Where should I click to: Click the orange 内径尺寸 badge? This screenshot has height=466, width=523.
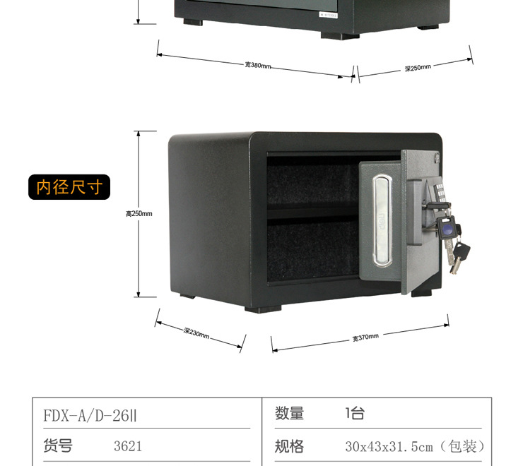pos(69,187)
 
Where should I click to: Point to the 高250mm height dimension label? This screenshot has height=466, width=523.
pos(139,213)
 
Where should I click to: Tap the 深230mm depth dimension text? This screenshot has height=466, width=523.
pos(196,333)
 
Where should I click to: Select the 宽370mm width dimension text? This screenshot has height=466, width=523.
pos(365,337)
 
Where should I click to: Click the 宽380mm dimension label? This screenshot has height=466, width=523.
pos(258,65)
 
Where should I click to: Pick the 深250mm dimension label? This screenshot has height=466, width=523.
pos(418,68)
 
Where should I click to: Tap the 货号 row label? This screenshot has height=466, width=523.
pos(58,446)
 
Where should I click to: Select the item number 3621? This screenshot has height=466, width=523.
pos(128,446)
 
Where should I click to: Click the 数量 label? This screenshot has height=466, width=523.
pos(289,414)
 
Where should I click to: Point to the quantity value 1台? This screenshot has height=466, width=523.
pos(355,414)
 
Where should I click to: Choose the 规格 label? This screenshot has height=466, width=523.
pos(289,446)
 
